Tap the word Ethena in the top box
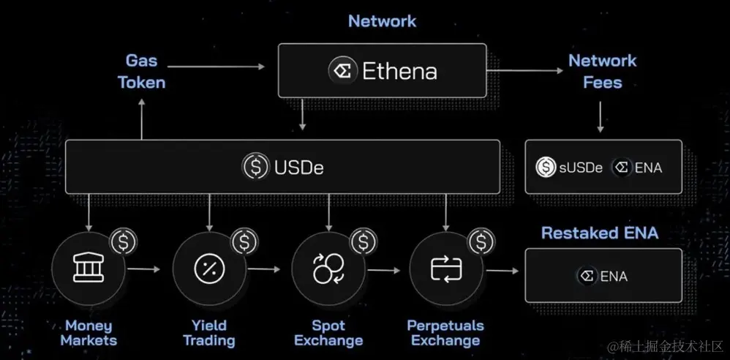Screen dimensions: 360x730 pos(399,71)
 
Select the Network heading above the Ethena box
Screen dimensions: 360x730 pos(382,20)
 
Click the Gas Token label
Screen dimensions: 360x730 pos(141,71)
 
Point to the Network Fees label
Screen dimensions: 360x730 pos(602,71)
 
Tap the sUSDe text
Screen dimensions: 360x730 pos(580,168)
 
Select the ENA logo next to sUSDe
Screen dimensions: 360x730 pos(622,168)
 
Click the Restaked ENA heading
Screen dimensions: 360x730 pos(600,233)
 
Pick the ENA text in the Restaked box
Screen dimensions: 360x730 pos(614,276)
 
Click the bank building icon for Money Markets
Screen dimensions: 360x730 pos(88,269)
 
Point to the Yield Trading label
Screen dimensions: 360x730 pos(208,333)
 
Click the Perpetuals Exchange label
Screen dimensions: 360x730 pos(445,333)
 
